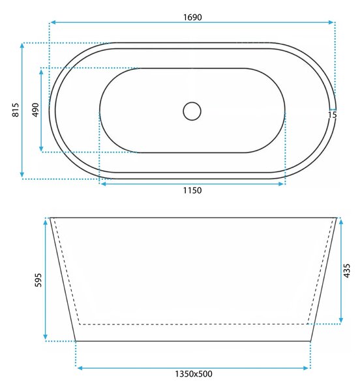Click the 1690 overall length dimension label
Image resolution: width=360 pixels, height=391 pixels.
(x=192, y=17)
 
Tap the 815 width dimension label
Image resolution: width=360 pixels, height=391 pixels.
(x=16, y=109)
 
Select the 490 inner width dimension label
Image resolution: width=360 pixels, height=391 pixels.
(x=36, y=109)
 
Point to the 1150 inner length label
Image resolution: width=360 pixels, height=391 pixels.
(x=192, y=190)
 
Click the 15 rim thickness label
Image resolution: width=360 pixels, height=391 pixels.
(x=333, y=115)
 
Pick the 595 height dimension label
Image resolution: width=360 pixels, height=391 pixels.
(x=38, y=280)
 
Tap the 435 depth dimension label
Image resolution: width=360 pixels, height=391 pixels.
(x=347, y=270)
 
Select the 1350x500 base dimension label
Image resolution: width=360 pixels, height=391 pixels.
(x=193, y=374)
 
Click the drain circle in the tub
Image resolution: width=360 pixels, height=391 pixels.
(x=192, y=111)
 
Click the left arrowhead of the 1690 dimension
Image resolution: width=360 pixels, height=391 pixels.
(x=53, y=22)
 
